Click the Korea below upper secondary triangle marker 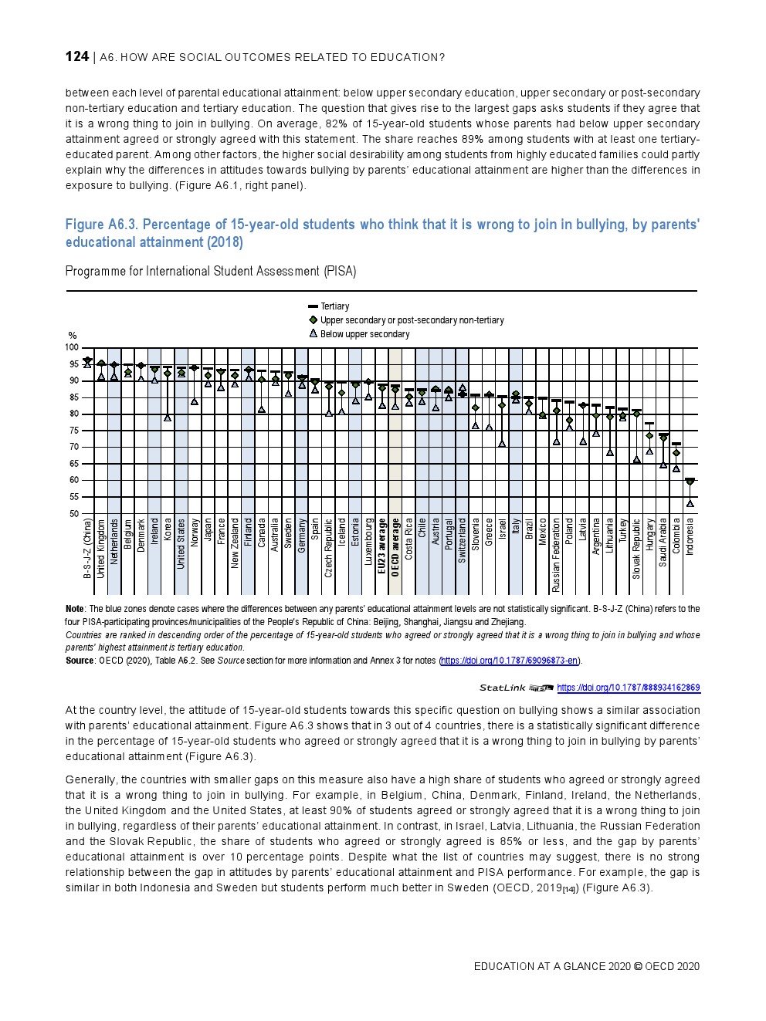168,418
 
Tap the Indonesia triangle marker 690,504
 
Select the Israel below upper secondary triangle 502,444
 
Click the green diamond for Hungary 649,436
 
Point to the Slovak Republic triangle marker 637,460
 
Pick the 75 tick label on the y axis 73,431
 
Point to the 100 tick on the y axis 72,348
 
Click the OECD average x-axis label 395,548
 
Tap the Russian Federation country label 556,556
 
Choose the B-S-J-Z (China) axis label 87,548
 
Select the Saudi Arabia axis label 663,543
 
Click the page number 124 76,56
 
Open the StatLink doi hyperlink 628,688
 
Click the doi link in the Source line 509,661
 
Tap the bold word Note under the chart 75,609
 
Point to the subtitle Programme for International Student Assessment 210,271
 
